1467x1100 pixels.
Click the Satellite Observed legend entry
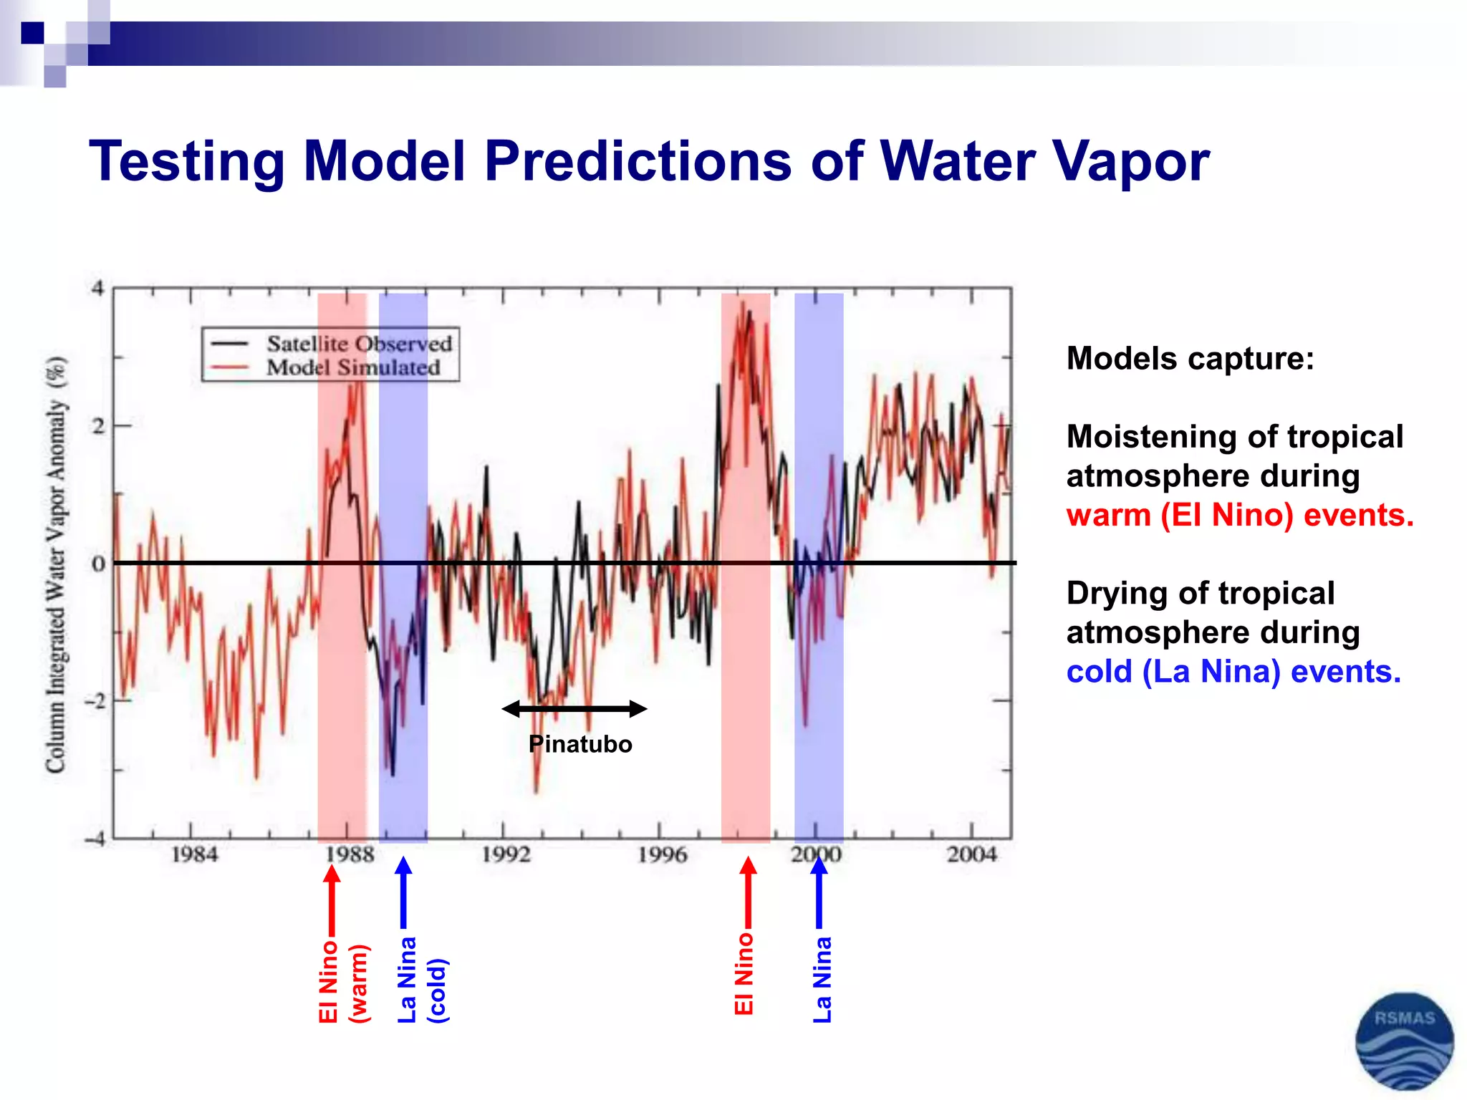pyautogui.click(x=358, y=344)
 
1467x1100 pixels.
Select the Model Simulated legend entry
pyautogui.click(x=352, y=368)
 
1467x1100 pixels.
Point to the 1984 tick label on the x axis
pyautogui.click(x=193, y=854)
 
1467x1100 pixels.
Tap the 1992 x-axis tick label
pyautogui.click(x=506, y=854)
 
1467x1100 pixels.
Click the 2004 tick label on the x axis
pyautogui.click(x=971, y=854)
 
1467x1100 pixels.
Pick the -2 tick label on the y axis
pyautogui.click(x=95, y=700)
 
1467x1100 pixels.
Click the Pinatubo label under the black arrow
pyautogui.click(x=580, y=744)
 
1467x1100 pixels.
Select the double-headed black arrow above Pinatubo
pyautogui.click(x=574, y=709)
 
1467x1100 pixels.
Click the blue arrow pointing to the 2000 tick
pyautogui.click(x=819, y=892)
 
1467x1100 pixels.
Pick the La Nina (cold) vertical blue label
pyautogui.click(x=421, y=980)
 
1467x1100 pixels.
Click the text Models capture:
pyautogui.click(x=1190, y=358)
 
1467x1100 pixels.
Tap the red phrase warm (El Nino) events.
pyautogui.click(x=1239, y=515)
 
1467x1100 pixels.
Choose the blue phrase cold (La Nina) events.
pyautogui.click(x=1233, y=672)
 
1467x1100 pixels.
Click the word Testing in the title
pyautogui.click(x=186, y=162)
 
